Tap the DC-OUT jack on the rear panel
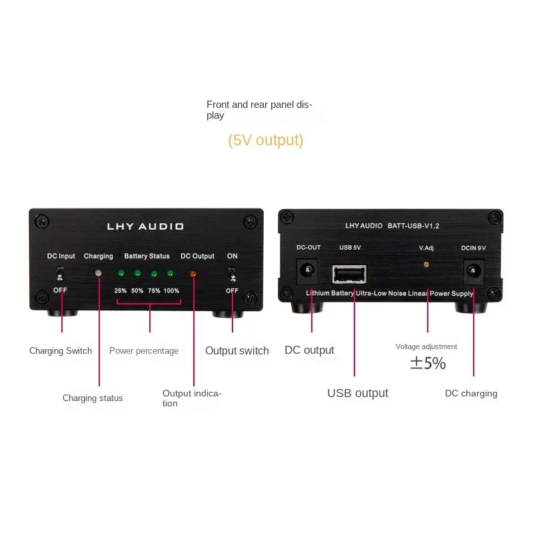[x=308, y=269]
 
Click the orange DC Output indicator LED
[x=193, y=273]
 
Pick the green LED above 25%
[x=121, y=273]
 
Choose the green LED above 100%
[x=171, y=273]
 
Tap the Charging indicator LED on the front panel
[x=99, y=273]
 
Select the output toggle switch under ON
[x=232, y=274]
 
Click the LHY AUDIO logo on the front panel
[x=145, y=227]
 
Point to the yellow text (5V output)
[x=265, y=141]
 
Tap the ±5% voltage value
[x=427, y=364]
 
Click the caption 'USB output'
[x=357, y=393]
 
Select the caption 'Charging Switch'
[x=61, y=351]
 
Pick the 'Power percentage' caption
[x=144, y=351]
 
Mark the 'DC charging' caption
[x=471, y=394]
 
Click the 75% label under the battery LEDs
[x=154, y=291]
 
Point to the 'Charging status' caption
[x=93, y=398]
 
